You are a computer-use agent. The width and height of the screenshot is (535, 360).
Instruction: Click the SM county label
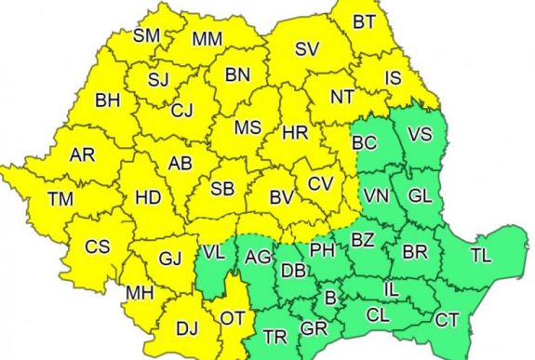point(147,36)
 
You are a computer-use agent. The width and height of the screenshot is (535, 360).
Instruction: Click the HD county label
point(147,197)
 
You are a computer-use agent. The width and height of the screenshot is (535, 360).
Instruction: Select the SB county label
point(221,189)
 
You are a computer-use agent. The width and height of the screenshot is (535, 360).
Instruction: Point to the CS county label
point(97,247)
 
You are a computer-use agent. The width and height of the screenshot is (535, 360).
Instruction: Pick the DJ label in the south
point(188,327)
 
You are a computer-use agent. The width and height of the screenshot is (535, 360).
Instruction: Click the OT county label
point(232,317)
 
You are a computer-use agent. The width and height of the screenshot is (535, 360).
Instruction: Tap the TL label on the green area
point(481,253)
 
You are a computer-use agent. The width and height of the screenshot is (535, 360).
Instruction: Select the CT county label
point(447,320)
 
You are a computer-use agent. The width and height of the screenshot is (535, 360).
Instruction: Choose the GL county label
point(419,196)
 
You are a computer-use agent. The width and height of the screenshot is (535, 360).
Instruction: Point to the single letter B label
point(328,299)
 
